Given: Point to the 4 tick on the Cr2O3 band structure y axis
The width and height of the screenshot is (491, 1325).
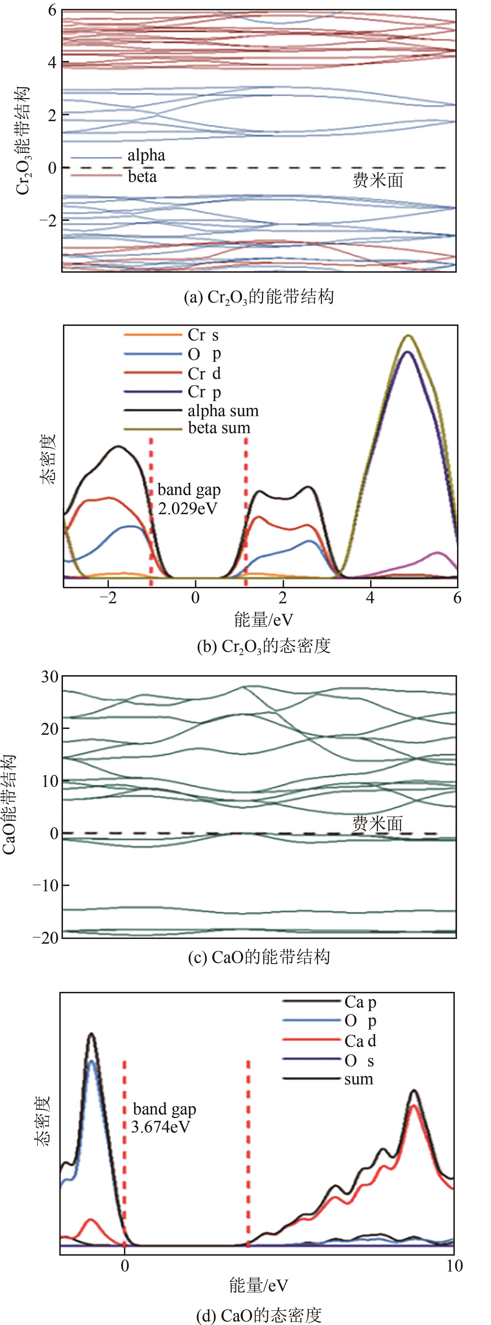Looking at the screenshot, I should coord(52,62).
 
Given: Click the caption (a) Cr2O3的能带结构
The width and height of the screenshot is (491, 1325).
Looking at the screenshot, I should coord(259,297).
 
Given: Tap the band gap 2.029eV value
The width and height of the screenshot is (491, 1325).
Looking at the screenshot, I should coord(188,509).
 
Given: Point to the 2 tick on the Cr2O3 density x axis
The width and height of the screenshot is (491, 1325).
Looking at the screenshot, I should coord(283,598).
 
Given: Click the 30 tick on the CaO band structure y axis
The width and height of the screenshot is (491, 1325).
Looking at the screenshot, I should coord(50,676).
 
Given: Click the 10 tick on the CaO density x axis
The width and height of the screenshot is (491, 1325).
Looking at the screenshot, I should coord(454,1266).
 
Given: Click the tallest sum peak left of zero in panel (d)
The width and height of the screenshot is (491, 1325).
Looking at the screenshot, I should coord(92,1034).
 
